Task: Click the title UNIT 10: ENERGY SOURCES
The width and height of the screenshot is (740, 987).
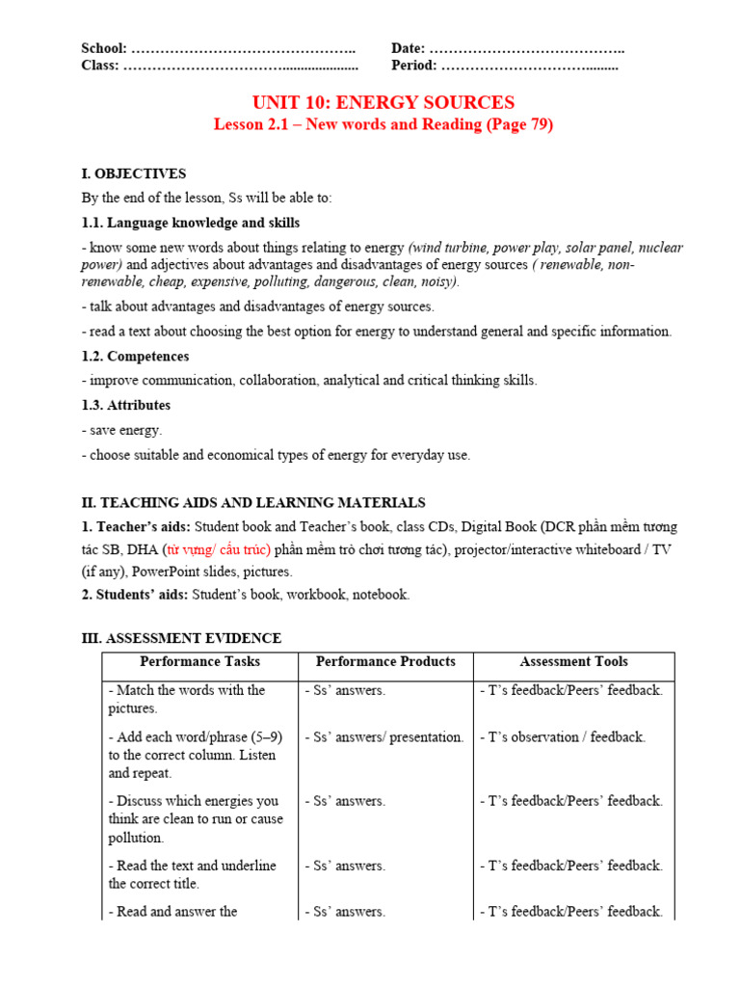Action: [383, 102]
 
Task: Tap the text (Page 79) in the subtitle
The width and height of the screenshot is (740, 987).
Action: [520, 124]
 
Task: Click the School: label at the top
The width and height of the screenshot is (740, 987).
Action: [104, 48]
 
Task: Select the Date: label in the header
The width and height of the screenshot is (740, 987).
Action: [409, 48]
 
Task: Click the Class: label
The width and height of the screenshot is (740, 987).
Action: [100, 66]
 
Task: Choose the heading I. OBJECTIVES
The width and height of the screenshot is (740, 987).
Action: [134, 173]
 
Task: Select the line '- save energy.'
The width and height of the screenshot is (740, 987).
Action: [121, 430]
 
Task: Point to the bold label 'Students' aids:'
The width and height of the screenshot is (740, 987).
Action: [142, 595]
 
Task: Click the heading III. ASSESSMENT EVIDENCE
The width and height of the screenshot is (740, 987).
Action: [181, 638]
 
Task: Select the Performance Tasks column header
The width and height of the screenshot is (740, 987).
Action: [199, 662]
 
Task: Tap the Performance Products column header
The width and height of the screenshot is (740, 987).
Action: [385, 662]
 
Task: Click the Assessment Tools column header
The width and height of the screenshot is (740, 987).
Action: [573, 662]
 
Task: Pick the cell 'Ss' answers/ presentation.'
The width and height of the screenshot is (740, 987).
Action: [384, 737]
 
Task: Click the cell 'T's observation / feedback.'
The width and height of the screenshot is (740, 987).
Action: [562, 737]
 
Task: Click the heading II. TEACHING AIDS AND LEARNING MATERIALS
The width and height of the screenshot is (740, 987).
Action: [253, 502]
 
